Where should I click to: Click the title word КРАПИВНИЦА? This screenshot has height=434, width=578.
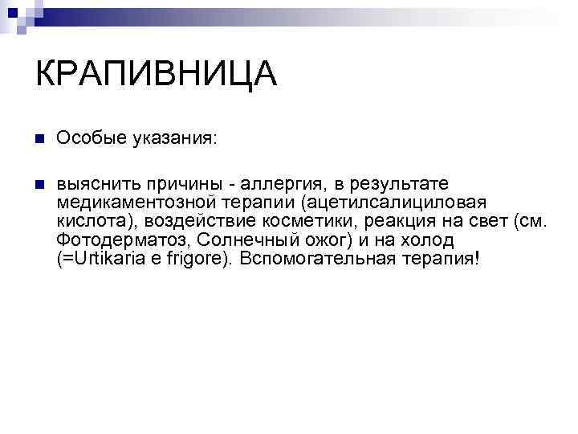tap(156, 75)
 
